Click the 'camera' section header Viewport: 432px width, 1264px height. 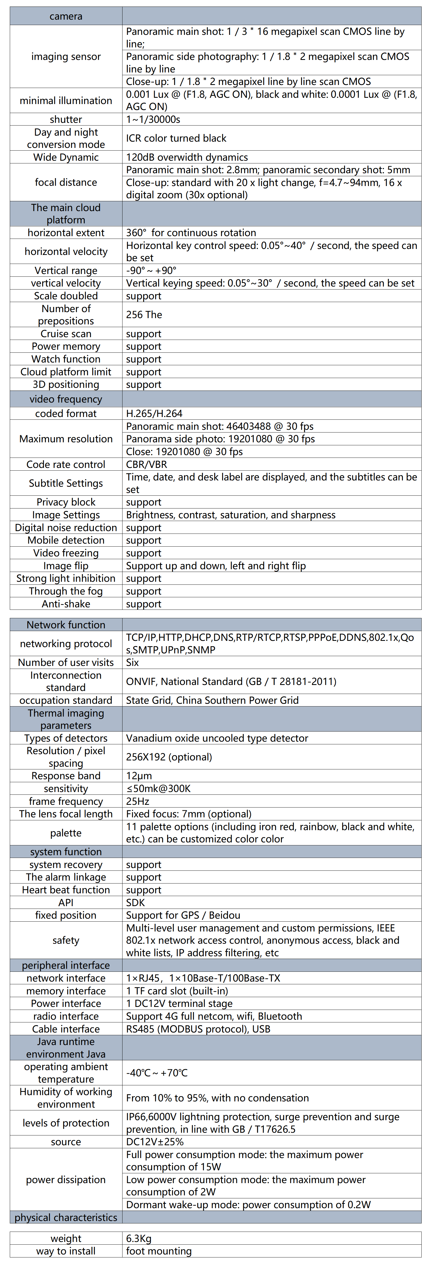click(66, 16)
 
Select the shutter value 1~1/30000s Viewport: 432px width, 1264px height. click(153, 119)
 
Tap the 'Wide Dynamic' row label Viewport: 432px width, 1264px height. click(66, 157)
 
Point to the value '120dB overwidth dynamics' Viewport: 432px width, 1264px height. click(187, 157)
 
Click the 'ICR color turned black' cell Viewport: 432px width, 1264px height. click(176, 138)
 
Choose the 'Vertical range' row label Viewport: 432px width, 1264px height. click(66, 270)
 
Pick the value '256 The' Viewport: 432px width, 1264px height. click(144, 315)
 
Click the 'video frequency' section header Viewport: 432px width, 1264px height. click(66, 399)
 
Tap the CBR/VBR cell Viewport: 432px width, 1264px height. click(146, 464)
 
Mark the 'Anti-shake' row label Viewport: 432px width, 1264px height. click(66, 604)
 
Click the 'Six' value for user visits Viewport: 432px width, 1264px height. click(132, 662)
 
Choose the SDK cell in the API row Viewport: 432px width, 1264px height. click(135, 902)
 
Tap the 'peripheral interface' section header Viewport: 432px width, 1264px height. click(66, 965)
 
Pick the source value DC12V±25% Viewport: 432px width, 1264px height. click(154, 1142)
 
